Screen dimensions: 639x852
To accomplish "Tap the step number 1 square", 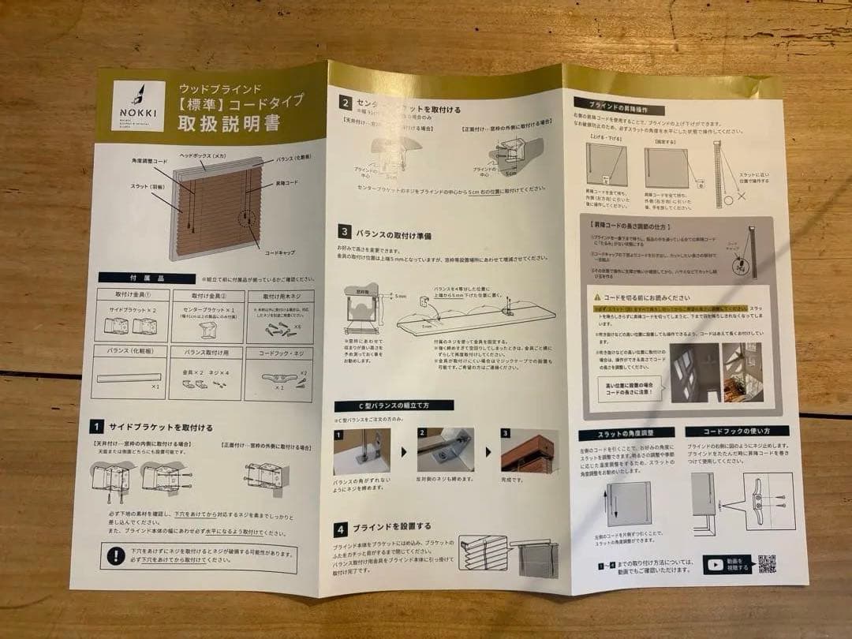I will point(97,427).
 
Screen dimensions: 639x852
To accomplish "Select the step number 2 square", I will point(345,102).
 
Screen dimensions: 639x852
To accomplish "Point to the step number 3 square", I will point(345,232).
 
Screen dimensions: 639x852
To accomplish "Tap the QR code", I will point(767,563).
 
